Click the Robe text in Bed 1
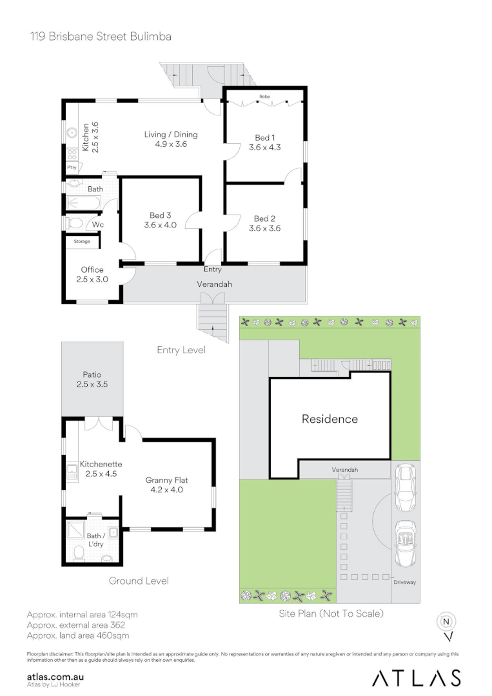(x=264, y=97)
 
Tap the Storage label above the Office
(x=81, y=242)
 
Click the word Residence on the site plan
(x=330, y=419)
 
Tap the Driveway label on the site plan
(x=404, y=582)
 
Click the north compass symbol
(x=446, y=622)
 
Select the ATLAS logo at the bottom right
(x=417, y=678)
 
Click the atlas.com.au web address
(x=55, y=677)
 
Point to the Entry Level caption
(x=181, y=350)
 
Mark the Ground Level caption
(x=139, y=581)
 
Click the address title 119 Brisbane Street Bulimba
(x=100, y=37)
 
